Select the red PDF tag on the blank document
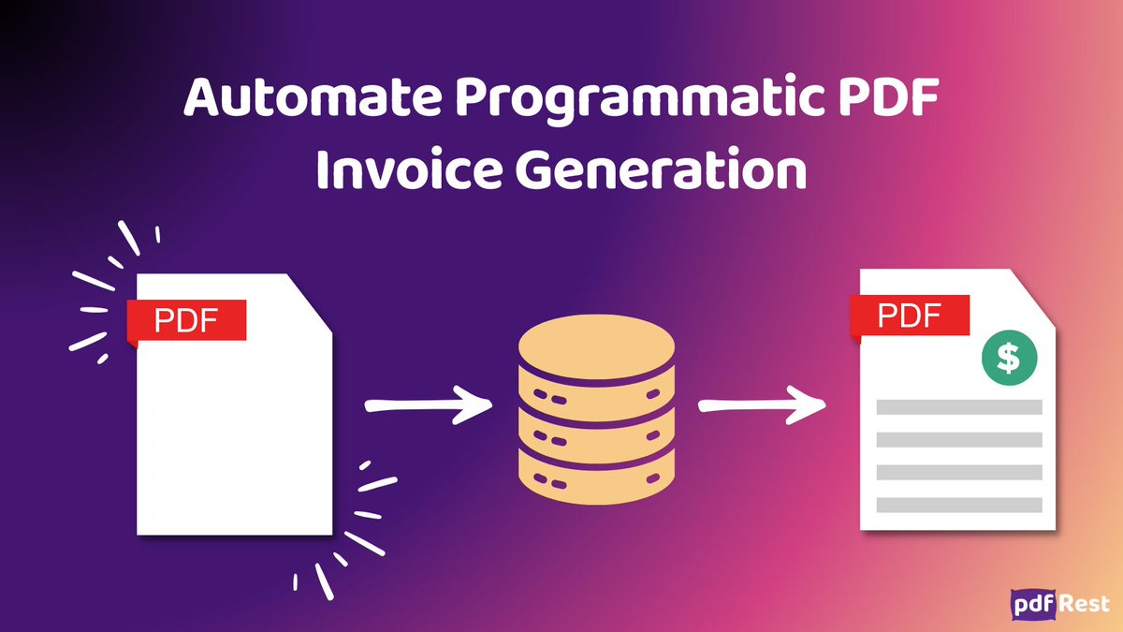pos(186,320)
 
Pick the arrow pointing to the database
pos(427,406)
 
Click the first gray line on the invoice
pos(959,407)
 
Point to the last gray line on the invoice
pos(959,505)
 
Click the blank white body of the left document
pos(234,440)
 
